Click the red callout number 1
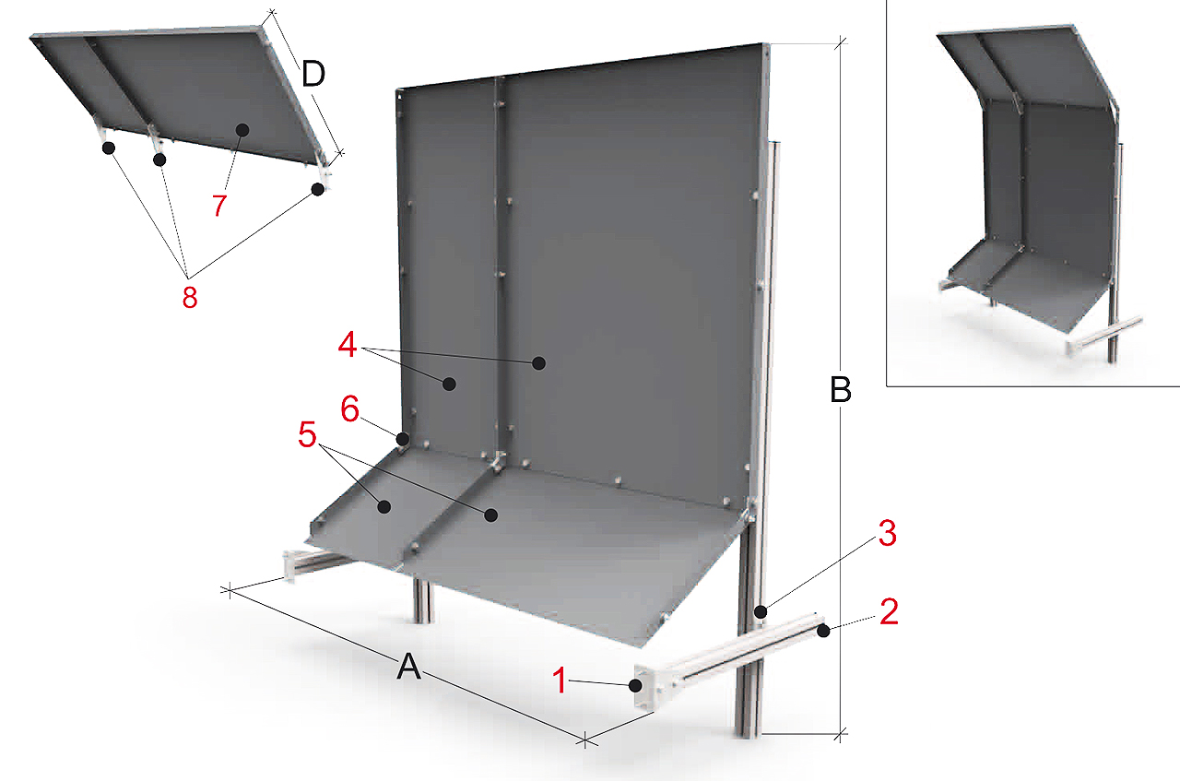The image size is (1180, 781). (560, 680)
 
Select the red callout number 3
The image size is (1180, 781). (888, 533)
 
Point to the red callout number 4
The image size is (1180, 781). (348, 346)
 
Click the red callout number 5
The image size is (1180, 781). (307, 434)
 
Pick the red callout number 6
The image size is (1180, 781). (349, 409)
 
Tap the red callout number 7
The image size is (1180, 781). (219, 205)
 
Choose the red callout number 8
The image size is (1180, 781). (190, 297)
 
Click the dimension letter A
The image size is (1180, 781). (408, 667)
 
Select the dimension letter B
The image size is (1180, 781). (840, 391)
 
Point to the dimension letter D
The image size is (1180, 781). (313, 75)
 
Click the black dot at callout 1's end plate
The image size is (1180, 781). (635, 686)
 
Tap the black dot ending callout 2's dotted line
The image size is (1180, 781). (824, 631)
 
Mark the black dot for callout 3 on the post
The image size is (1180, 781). (761, 612)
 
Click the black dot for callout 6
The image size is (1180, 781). (403, 438)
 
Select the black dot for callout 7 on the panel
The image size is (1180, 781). (242, 130)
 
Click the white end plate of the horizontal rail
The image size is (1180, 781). (644, 686)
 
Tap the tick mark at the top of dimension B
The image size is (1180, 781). (841, 42)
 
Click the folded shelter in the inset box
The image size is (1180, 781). (1032, 190)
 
